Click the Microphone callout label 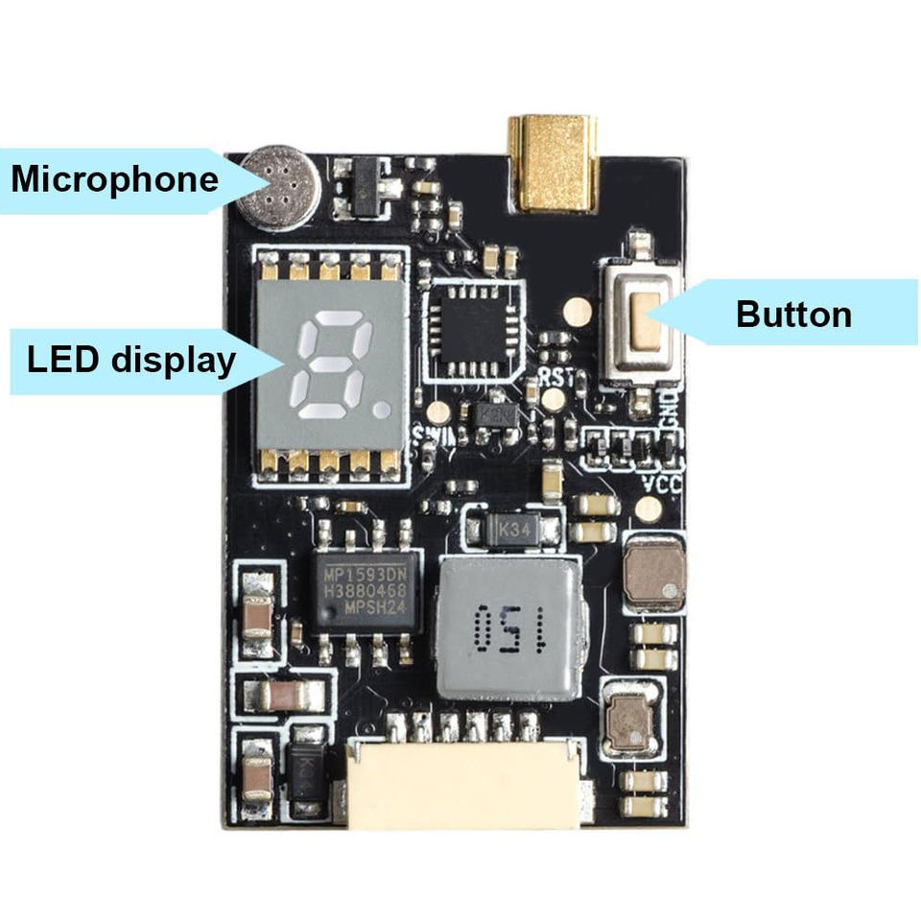coord(114,179)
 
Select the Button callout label coord(793,314)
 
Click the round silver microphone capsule coord(281,188)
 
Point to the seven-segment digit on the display coord(334,368)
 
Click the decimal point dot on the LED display coord(382,410)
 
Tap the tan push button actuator coord(645,320)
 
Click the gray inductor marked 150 coord(508,627)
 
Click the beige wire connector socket coord(463,783)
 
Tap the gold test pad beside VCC coord(649,509)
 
